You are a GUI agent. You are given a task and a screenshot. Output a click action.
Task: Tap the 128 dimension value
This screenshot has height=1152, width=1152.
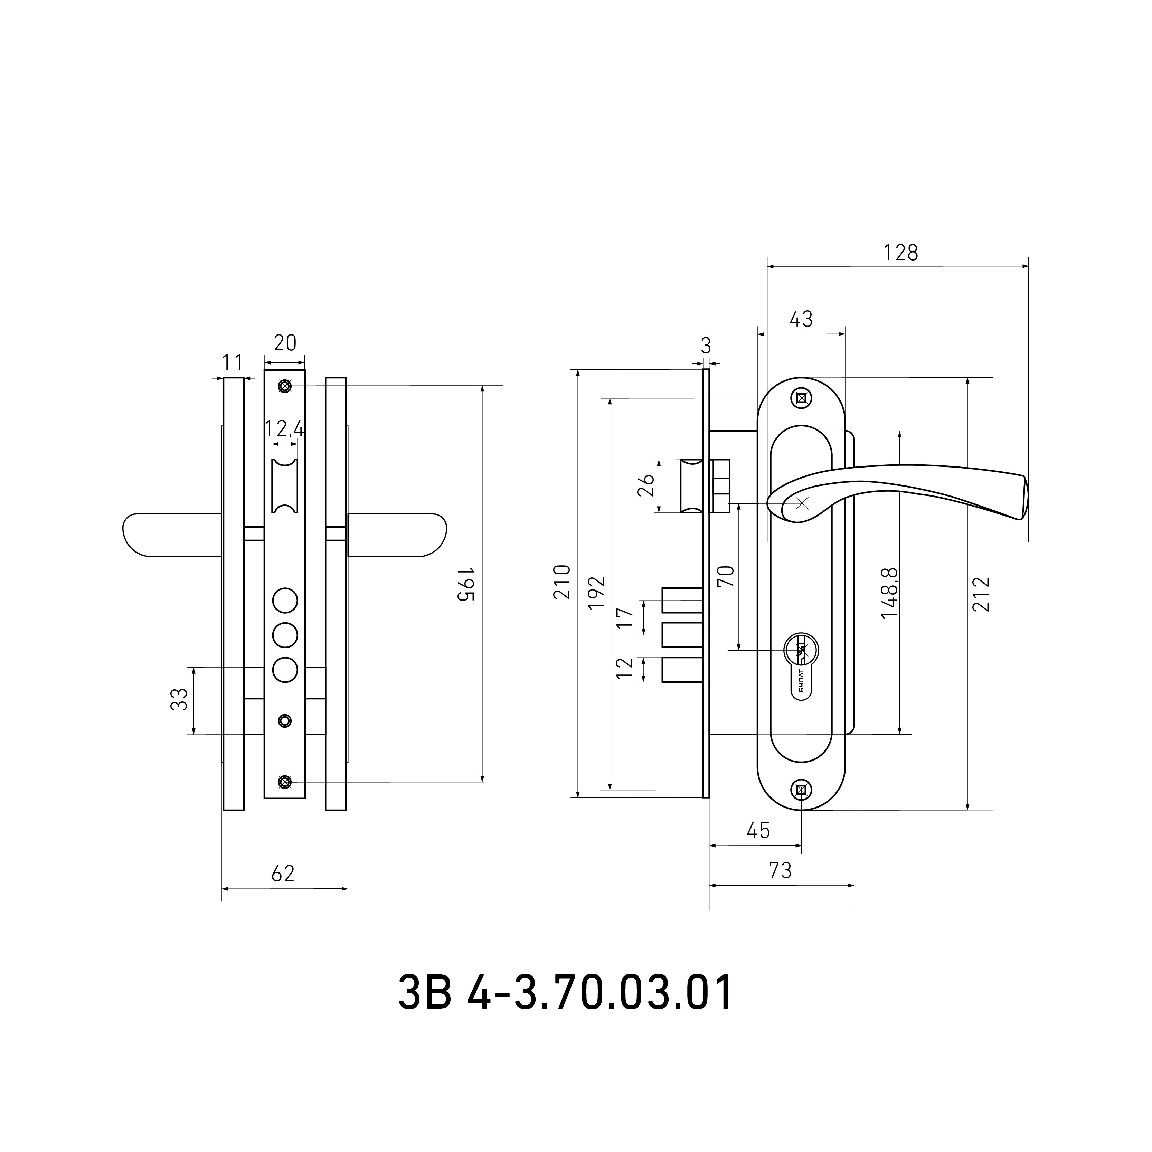pyautogui.click(x=900, y=253)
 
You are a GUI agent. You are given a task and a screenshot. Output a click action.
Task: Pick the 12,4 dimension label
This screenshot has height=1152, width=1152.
pyautogui.click(x=284, y=429)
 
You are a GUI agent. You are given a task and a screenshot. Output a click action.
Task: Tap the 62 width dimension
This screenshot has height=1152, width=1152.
pyautogui.click(x=283, y=874)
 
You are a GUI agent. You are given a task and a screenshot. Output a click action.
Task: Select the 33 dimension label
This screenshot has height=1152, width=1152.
pyautogui.click(x=179, y=699)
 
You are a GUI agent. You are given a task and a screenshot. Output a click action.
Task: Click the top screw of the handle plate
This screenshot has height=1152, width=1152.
pyautogui.click(x=801, y=398)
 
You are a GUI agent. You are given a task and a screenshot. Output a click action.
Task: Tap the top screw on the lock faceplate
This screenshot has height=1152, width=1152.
pyautogui.click(x=285, y=386)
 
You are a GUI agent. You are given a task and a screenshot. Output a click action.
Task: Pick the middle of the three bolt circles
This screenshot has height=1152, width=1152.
pyautogui.click(x=285, y=635)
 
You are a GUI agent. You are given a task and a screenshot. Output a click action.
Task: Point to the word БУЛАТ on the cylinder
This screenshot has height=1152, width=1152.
pyautogui.click(x=801, y=681)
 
